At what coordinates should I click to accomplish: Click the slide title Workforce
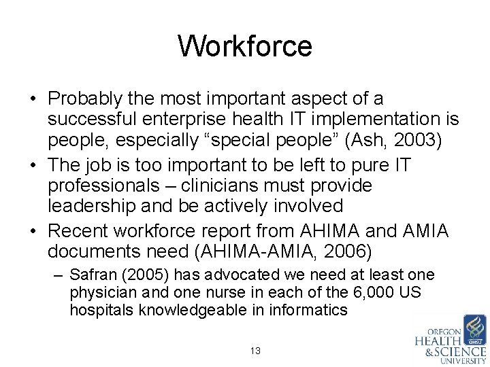[x=245, y=46]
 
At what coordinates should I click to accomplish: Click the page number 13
[x=256, y=351]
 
